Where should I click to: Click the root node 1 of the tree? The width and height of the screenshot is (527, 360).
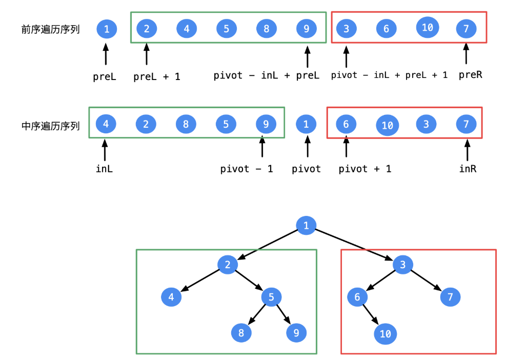click(306, 225)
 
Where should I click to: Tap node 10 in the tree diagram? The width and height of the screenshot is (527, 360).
click(386, 334)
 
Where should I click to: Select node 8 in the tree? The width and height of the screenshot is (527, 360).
click(241, 333)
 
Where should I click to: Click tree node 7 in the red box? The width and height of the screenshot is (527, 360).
click(450, 297)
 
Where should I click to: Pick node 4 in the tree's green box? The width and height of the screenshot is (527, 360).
click(171, 297)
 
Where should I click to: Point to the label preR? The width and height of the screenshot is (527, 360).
click(470, 75)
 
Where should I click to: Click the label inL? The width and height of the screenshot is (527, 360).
click(104, 169)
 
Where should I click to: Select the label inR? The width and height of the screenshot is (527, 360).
click(468, 169)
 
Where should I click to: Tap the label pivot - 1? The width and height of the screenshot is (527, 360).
click(247, 169)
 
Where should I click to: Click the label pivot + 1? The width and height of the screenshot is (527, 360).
click(364, 169)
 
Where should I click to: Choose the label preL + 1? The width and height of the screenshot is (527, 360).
click(156, 77)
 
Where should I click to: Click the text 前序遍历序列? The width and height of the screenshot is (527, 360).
click(50, 30)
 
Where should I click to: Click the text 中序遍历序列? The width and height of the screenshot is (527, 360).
click(50, 125)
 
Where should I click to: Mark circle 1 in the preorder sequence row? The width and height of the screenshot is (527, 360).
click(107, 29)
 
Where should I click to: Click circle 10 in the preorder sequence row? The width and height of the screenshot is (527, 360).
click(427, 27)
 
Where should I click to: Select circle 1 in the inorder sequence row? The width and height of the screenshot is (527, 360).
click(306, 124)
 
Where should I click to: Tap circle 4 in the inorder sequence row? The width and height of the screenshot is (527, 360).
click(106, 124)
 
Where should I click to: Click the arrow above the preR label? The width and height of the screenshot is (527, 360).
click(466, 54)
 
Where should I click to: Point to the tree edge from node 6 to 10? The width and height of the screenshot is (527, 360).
click(370, 314)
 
